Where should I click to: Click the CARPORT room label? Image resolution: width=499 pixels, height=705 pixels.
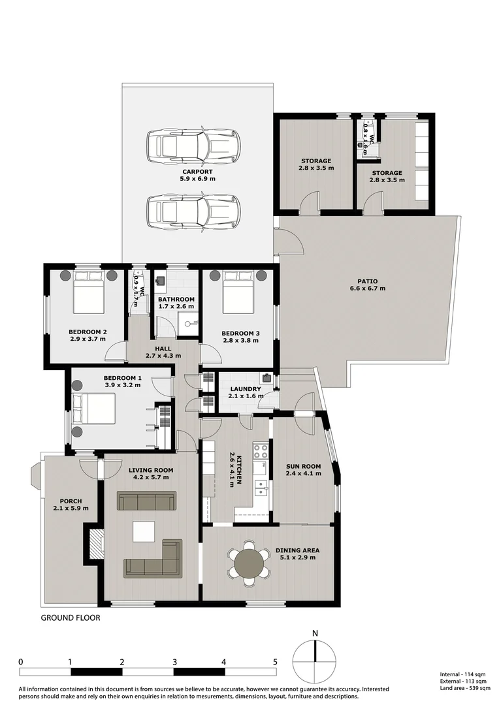click(197, 171)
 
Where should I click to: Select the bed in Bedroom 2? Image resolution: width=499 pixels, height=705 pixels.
click(89, 292)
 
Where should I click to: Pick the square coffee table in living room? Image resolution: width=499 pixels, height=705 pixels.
click(144, 531)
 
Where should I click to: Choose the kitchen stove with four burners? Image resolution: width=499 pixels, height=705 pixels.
click(261, 452)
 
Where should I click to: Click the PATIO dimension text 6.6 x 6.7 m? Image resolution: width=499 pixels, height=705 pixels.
click(368, 289)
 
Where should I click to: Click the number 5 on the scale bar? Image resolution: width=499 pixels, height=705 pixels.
click(275, 662)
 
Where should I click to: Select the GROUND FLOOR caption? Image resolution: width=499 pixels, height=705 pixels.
click(71, 618)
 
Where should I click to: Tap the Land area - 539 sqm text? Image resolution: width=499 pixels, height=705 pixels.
click(465, 688)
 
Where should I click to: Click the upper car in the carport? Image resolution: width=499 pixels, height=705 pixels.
click(193, 146)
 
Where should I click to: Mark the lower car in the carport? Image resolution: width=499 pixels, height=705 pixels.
click(193, 211)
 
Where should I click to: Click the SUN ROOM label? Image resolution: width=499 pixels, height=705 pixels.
click(304, 466)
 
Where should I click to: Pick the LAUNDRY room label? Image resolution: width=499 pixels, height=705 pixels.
click(245, 389)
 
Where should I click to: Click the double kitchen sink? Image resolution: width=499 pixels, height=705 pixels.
click(261, 486)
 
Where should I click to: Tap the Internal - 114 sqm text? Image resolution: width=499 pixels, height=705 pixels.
click(462, 674)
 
